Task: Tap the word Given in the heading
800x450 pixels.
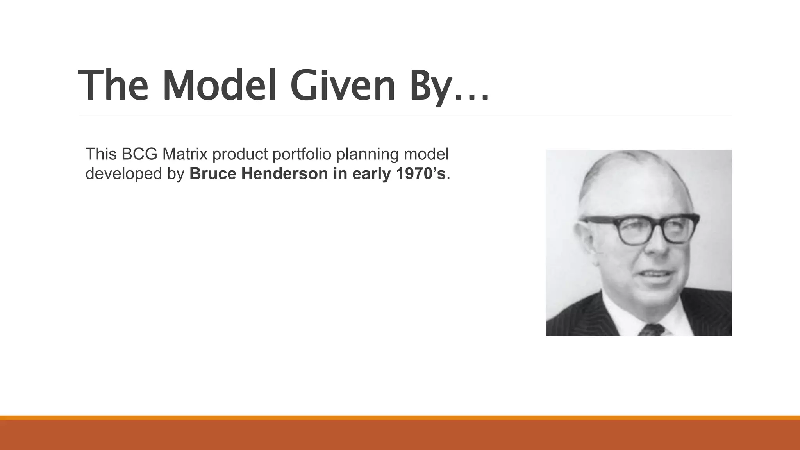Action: tap(343, 85)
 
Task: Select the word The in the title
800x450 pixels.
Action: tap(113, 85)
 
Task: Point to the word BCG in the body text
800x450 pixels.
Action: tap(139, 154)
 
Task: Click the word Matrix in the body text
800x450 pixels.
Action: tap(185, 154)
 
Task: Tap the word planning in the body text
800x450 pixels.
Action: tap(367, 155)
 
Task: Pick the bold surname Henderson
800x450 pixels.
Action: tap(284, 174)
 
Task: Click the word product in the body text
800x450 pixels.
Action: tap(240, 155)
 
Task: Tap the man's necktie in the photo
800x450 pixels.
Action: tap(651, 330)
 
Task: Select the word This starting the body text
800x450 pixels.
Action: tap(101, 154)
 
